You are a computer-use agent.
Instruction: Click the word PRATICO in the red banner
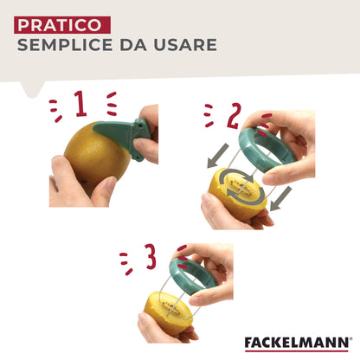tap(60, 25)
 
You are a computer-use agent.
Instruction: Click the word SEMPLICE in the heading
tap(65, 45)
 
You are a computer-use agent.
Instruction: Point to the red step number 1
tap(80, 104)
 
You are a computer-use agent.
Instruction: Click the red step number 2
tap(234, 116)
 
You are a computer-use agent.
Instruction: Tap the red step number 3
tap(151, 256)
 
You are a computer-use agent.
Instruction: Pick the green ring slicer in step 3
tap(193, 276)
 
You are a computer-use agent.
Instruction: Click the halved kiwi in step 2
tap(237, 194)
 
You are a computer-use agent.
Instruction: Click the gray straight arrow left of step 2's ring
tap(218, 156)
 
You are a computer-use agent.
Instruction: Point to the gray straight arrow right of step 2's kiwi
tap(281, 199)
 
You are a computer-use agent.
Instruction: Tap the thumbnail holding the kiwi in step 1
tap(111, 183)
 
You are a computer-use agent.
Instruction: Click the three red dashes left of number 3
tap(125, 263)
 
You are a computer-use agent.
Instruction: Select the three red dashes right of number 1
tap(112, 104)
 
